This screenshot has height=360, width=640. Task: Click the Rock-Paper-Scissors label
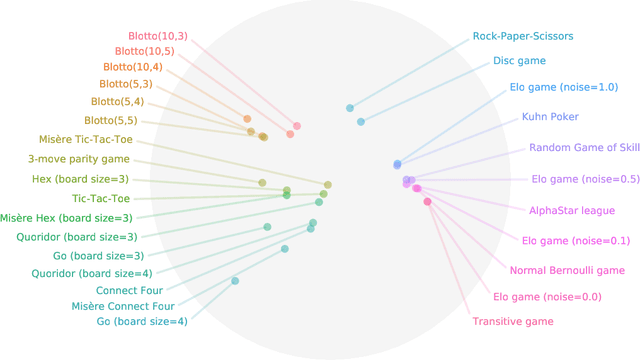click(x=523, y=36)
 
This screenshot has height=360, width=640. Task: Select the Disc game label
click(x=519, y=61)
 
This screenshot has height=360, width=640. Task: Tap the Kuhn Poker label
click(x=550, y=117)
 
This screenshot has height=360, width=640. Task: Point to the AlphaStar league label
click(x=572, y=211)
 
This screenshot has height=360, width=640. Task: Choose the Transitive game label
click(x=513, y=322)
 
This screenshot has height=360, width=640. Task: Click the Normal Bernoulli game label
click(x=567, y=271)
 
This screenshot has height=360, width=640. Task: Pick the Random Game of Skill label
click(x=584, y=148)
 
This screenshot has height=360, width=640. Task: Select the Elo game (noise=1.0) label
click(x=564, y=87)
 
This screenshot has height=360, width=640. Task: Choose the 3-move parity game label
click(x=79, y=159)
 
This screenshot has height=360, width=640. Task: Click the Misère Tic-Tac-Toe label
click(x=86, y=140)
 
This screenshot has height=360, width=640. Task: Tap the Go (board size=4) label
click(x=142, y=322)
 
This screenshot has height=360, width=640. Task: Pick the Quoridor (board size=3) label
click(x=77, y=237)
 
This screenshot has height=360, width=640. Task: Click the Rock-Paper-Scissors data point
click(x=350, y=108)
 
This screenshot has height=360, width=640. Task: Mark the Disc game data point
click(x=361, y=122)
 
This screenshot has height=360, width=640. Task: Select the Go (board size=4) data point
click(x=235, y=281)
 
